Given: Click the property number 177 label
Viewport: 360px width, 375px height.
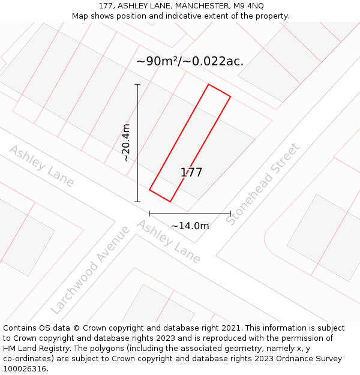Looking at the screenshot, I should [191, 173].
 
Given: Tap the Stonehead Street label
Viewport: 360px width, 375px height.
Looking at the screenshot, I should [263, 184].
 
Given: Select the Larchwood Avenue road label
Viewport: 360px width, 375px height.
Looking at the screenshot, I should [91, 269].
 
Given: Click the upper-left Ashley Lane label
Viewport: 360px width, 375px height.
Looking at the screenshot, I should [41, 166].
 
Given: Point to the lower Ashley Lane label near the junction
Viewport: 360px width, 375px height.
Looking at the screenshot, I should [169, 242].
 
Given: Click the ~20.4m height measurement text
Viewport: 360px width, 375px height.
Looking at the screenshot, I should [125, 143].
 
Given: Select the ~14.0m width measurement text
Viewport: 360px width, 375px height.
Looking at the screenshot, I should [190, 226].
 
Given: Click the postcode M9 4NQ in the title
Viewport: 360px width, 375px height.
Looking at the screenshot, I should [248, 5].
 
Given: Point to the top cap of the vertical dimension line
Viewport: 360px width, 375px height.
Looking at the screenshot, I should [137, 85].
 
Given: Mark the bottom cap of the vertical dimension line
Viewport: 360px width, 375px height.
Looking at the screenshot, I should [137, 202].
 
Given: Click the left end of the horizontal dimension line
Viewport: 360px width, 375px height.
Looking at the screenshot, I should [149, 213].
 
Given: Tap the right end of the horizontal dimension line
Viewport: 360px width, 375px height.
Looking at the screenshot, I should [230, 213].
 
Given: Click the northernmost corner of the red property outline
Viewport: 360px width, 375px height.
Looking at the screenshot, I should [208, 85].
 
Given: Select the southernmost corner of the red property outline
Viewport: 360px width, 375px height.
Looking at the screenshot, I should [170, 202].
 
